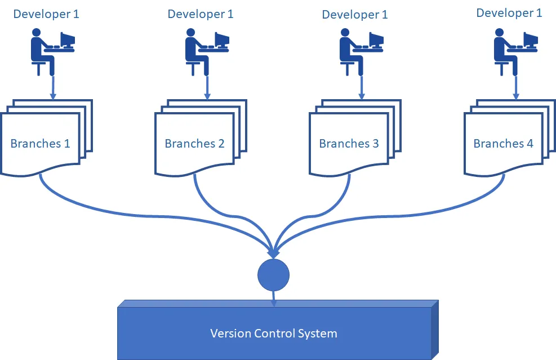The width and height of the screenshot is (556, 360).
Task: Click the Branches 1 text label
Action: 40,143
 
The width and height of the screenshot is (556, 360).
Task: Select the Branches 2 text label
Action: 194,144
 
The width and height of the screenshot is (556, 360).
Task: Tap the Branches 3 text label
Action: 349,144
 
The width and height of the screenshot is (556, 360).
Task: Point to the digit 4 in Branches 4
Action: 530,144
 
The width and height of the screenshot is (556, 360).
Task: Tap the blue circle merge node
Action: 273,274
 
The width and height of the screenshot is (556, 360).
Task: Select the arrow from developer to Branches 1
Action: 53,87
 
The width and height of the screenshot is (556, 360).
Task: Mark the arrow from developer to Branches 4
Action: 515,87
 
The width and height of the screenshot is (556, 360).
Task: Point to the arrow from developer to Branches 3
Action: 361,87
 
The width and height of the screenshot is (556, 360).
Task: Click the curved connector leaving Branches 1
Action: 113,211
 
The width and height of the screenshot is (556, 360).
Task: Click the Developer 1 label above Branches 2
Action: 201,14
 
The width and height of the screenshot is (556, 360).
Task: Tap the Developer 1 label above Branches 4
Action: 509,13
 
